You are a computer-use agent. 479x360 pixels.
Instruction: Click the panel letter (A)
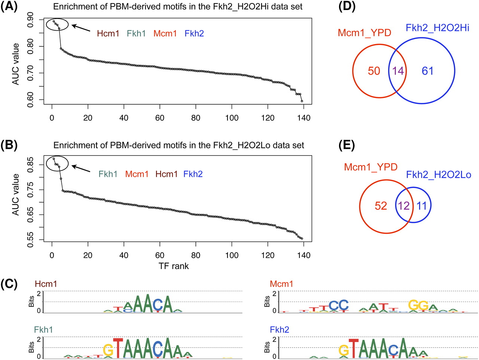pos(9,7)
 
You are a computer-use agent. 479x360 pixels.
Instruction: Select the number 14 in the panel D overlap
pos(398,71)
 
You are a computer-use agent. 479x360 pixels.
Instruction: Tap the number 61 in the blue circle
pos(427,71)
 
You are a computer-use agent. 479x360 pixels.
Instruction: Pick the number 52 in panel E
pos(381,206)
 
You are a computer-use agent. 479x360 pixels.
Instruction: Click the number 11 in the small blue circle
pos(422,206)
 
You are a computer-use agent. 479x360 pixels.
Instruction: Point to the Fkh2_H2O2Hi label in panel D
pos(437,28)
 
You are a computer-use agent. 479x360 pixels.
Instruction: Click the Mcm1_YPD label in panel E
pos(370,167)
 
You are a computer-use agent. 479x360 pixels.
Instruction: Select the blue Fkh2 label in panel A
pos(194,34)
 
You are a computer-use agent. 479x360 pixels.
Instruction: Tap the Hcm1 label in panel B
pos(167,174)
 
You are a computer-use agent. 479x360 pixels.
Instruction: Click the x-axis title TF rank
pos(174,266)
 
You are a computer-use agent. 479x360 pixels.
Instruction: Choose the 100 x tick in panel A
pos(232,118)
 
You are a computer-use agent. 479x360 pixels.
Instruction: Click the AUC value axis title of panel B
pos(16,194)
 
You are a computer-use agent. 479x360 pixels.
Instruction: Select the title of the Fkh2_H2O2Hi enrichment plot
pos(178,7)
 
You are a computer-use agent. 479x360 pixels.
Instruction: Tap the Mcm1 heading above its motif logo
pos(281,284)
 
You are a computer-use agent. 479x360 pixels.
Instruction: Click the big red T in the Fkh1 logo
pos(118,348)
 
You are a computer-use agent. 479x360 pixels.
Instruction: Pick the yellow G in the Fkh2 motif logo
pos(344,350)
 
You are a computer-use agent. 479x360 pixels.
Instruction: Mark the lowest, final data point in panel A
pos(302,101)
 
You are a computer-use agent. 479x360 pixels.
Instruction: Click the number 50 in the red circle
pos(374,71)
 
